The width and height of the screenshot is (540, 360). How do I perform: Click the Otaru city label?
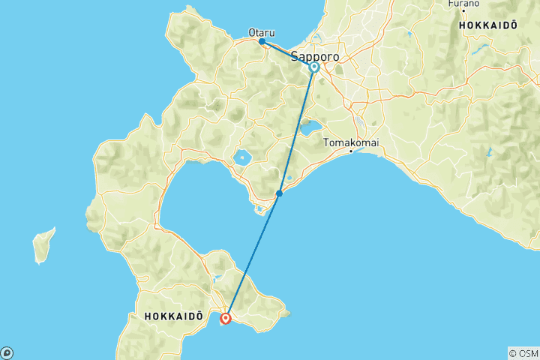coord(262,32)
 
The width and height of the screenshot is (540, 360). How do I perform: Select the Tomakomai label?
coord(350,142)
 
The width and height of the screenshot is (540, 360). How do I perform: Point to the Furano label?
coord(463,4)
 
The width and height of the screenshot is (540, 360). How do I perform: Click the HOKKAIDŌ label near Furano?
coord(488,25)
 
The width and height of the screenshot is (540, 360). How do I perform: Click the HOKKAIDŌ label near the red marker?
coord(173,317)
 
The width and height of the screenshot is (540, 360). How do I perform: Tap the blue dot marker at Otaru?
coord(262,41)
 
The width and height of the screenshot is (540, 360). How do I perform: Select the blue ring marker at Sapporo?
coord(314,67)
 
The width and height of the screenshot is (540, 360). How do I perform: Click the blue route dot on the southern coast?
coord(279,193)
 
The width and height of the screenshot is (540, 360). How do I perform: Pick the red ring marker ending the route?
coord(226,319)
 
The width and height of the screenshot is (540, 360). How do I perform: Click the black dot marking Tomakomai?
coord(351,151)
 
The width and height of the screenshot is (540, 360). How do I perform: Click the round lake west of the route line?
coord(242,158)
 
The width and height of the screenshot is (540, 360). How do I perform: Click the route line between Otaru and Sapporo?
coord(287,54)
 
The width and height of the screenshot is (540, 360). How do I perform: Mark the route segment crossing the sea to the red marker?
coord(253,255)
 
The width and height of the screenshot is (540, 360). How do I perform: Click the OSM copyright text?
coord(523,353)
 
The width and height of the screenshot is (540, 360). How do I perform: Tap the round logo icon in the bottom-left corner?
coord(7,352)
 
